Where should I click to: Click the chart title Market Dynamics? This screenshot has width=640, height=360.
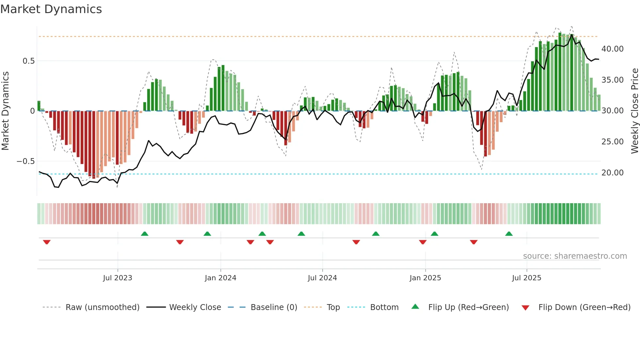point(51,9)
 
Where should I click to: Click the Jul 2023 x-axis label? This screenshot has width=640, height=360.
point(118,278)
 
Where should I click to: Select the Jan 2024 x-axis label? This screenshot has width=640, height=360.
point(220,278)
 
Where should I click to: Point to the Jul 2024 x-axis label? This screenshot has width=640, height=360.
point(322,278)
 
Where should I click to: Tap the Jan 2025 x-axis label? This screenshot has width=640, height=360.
point(425,278)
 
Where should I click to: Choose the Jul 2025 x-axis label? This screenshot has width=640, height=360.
point(526,278)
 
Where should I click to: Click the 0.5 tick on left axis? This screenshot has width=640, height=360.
point(28,61)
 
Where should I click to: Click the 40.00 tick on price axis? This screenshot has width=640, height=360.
point(612,49)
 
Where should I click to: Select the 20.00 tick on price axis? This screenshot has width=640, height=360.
point(612,173)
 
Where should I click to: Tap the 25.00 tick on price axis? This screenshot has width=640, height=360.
point(612,142)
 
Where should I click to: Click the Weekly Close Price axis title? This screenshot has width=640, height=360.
point(634,111)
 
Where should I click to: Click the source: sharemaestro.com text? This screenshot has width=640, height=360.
point(575,256)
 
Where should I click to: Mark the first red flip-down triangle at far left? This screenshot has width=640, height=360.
point(47,242)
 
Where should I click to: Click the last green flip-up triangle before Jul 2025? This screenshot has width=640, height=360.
point(509,234)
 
